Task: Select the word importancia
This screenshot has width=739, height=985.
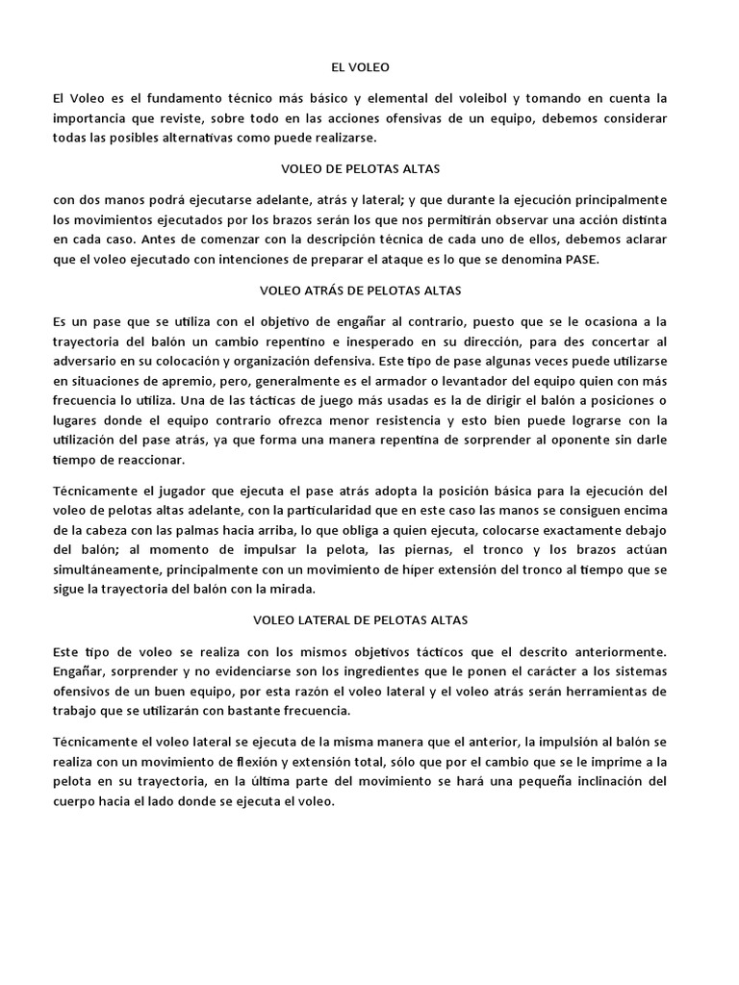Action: click(x=92, y=117)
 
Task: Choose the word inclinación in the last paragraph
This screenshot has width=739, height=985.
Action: click(x=590, y=781)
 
